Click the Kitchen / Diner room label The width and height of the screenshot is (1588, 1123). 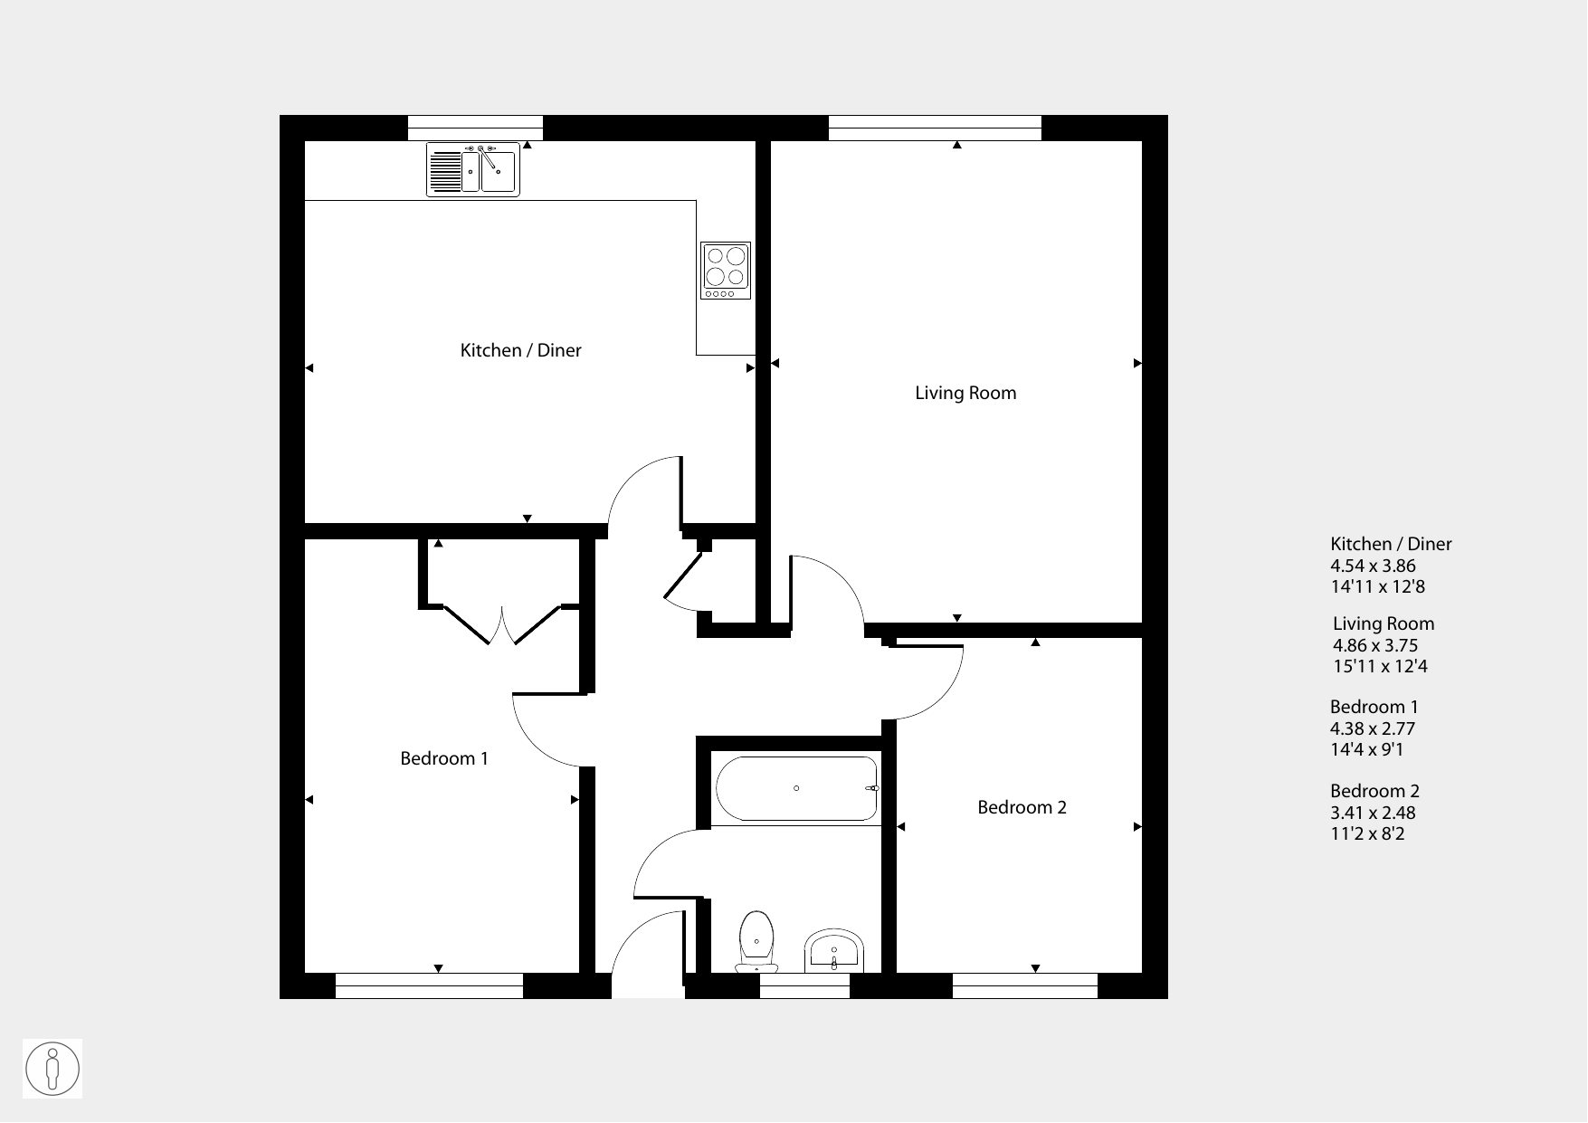pos(520,350)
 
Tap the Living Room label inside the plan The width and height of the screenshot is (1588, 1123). pos(965,393)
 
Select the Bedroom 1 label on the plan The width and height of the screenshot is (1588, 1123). pos(444,758)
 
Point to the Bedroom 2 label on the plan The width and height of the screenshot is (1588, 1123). pos(1022,807)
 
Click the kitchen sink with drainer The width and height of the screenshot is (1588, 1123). pos(473,169)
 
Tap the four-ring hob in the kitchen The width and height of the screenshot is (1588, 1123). pos(726,271)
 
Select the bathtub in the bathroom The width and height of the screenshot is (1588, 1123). pos(796,788)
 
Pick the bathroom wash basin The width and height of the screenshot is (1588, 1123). pos(833,951)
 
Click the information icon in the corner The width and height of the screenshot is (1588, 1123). pos(52,1069)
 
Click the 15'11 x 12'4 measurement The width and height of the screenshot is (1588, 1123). pos(1380,666)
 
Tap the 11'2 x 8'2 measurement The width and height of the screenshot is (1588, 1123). pos(1367,833)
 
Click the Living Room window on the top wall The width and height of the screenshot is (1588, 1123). pos(935,128)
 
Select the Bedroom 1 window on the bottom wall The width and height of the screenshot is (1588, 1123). pos(429,986)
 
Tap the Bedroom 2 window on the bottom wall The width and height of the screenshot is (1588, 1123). pos(1025,986)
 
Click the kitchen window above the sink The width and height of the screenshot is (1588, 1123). pos(475,128)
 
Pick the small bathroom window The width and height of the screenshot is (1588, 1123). pos(804,986)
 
